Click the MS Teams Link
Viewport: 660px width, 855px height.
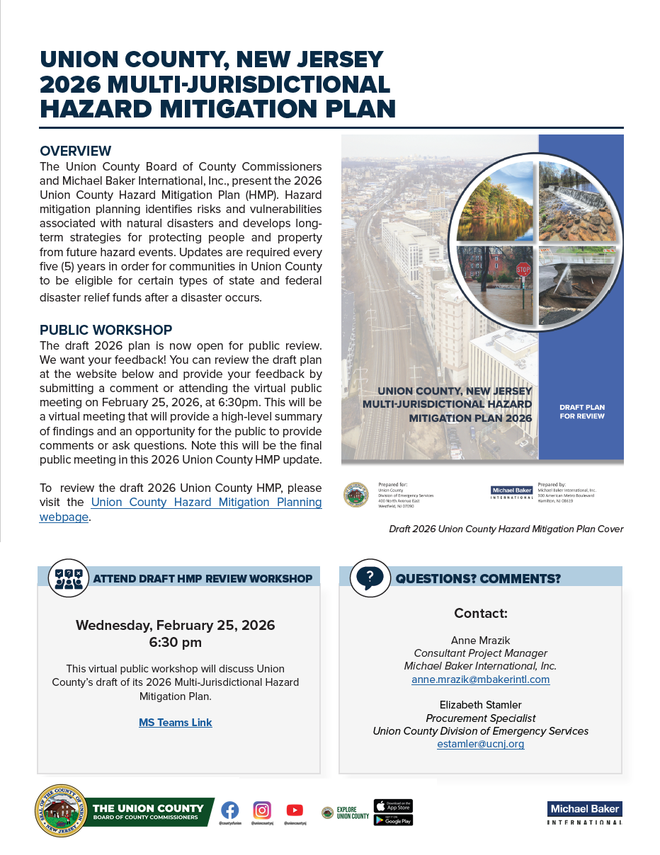(176, 723)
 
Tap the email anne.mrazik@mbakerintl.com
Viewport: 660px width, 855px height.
(480, 679)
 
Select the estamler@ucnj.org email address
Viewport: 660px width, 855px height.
(480, 744)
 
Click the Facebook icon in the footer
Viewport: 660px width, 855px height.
(229, 810)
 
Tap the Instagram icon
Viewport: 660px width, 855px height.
(262, 810)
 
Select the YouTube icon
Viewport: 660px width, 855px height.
(295, 810)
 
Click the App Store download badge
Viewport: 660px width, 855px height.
(393, 806)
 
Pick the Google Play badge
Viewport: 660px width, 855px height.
(393, 820)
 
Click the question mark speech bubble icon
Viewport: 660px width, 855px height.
(370, 578)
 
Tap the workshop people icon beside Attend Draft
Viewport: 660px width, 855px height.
(69, 578)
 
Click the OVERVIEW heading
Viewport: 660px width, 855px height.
(76, 151)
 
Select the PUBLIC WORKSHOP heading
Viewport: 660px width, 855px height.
(106, 331)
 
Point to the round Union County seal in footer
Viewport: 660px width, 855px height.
(62, 811)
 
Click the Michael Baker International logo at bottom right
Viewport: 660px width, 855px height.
(584, 813)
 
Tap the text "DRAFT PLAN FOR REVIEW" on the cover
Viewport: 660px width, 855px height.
(581, 412)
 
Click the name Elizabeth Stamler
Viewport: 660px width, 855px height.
(480, 705)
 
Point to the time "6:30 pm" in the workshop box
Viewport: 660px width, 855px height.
(175, 643)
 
